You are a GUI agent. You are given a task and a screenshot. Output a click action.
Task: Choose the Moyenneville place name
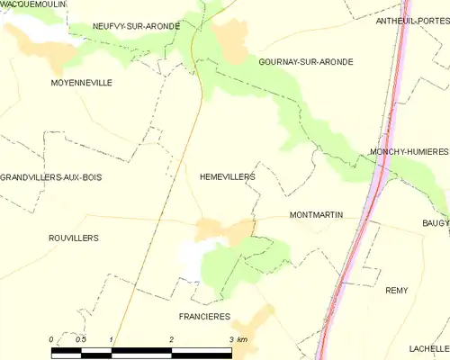coord(81,82)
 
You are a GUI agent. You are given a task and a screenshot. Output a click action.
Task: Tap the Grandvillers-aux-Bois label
coord(51,177)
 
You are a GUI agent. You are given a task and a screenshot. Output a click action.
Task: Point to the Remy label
coord(396,290)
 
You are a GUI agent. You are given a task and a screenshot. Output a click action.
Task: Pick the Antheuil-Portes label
coord(411,21)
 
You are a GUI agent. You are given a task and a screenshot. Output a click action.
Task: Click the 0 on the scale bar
coord(52,338)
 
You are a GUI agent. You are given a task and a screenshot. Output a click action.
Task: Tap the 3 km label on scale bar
coord(237,338)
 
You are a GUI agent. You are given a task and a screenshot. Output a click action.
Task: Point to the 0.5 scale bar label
coord(81,338)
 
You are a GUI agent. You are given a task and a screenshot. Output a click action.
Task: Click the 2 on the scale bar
coord(171,338)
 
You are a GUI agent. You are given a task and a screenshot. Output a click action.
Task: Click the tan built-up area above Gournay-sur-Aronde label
coord(233,41)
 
